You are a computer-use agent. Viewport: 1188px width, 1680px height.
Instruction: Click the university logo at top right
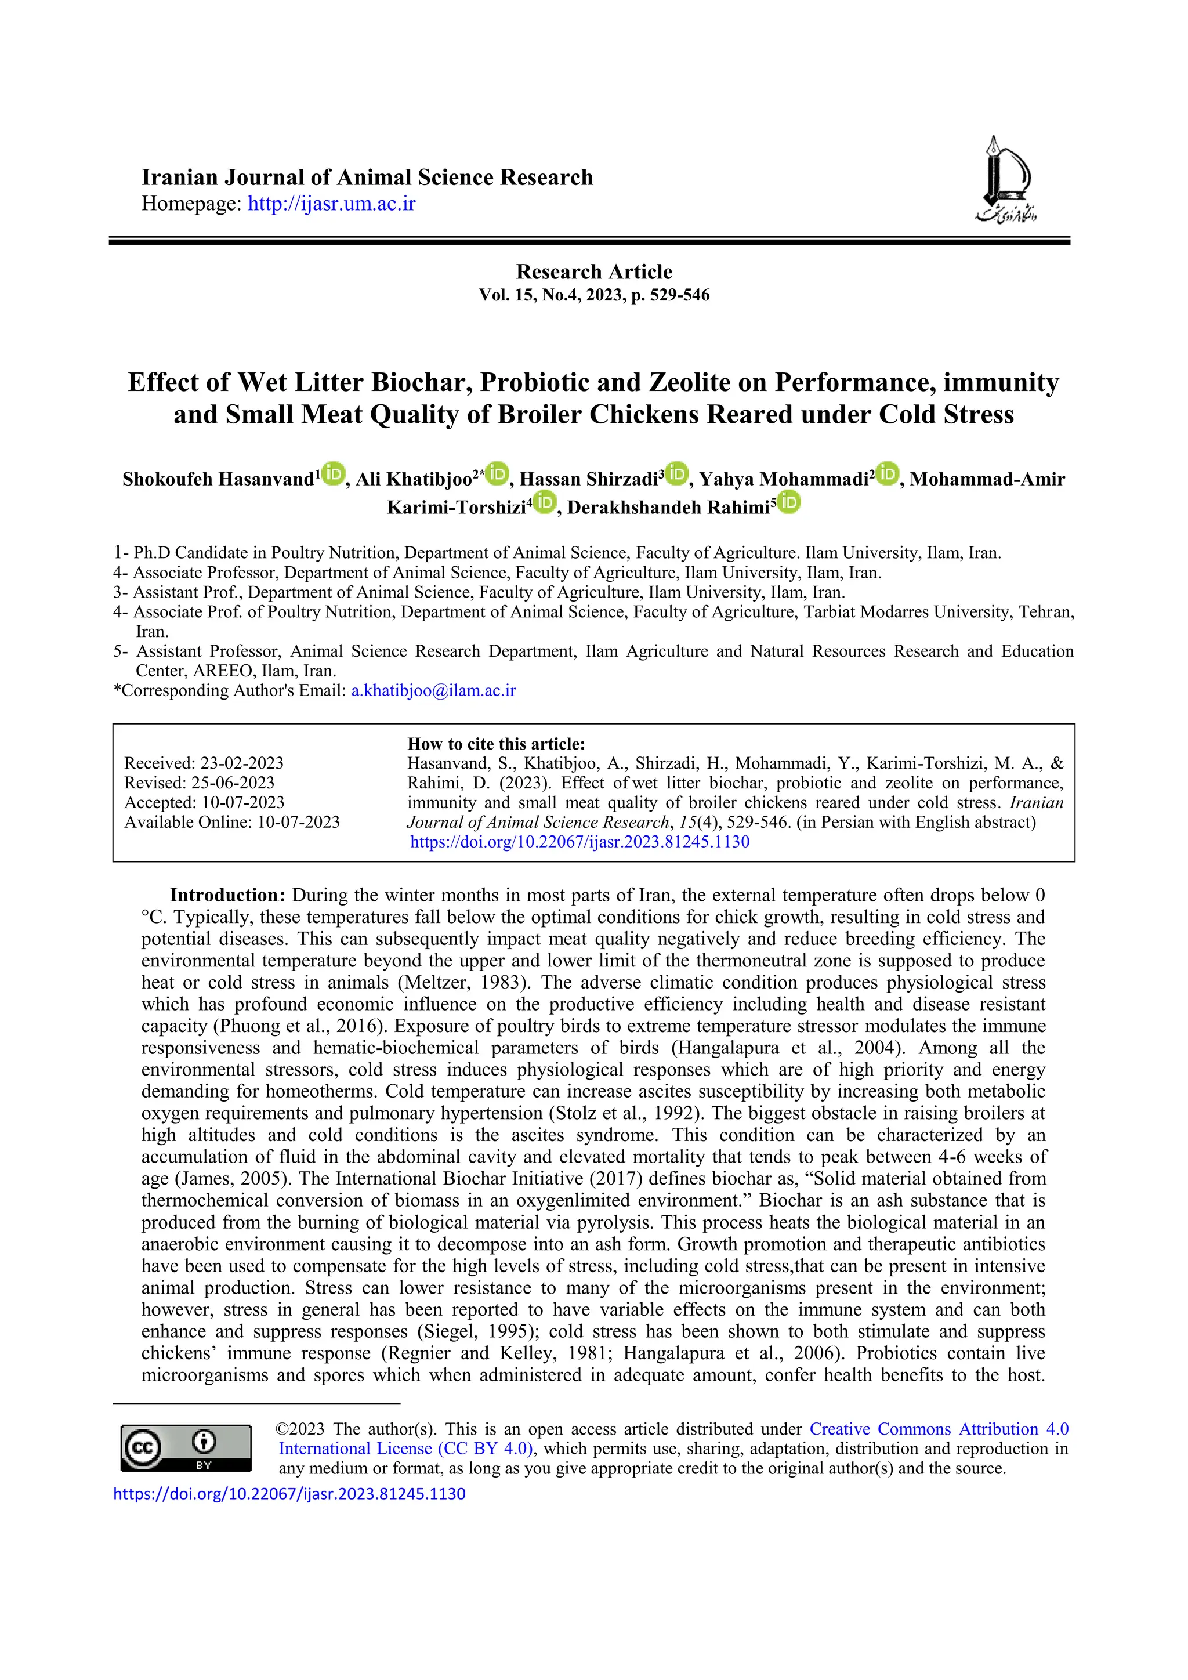click(x=1005, y=179)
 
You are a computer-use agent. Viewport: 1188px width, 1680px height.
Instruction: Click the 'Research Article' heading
click(x=594, y=271)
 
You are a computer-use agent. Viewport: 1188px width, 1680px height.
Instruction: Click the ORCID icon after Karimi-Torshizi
click(x=544, y=503)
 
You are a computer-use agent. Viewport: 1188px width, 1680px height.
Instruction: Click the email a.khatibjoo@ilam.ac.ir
click(x=434, y=690)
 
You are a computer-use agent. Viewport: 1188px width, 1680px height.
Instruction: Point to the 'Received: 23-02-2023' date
click(x=204, y=763)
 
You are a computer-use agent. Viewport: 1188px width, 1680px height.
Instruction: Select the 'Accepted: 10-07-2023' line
click(x=204, y=803)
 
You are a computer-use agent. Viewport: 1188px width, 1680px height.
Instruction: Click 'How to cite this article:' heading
click(x=496, y=744)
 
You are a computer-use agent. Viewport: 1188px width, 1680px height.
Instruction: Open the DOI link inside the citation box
click(x=579, y=842)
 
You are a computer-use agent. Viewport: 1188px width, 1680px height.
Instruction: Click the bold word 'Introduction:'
click(x=227, y=895)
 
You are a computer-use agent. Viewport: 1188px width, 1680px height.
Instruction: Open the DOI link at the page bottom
click(x=289, y=1493)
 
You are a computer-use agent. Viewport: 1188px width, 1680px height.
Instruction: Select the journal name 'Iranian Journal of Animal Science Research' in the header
click(x=367, y=178)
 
